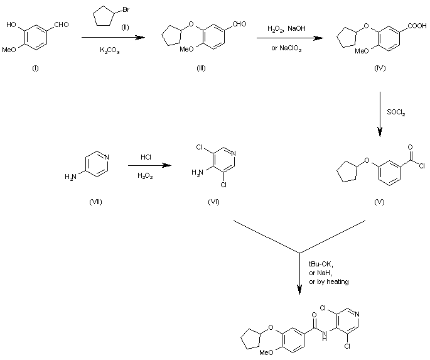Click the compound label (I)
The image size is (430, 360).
[x=35, y=68]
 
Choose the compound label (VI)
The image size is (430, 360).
[x=214, y=202]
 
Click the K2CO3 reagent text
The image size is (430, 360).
[x=110, y=50]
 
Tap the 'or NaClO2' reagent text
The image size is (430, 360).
[x=286, y=50]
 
